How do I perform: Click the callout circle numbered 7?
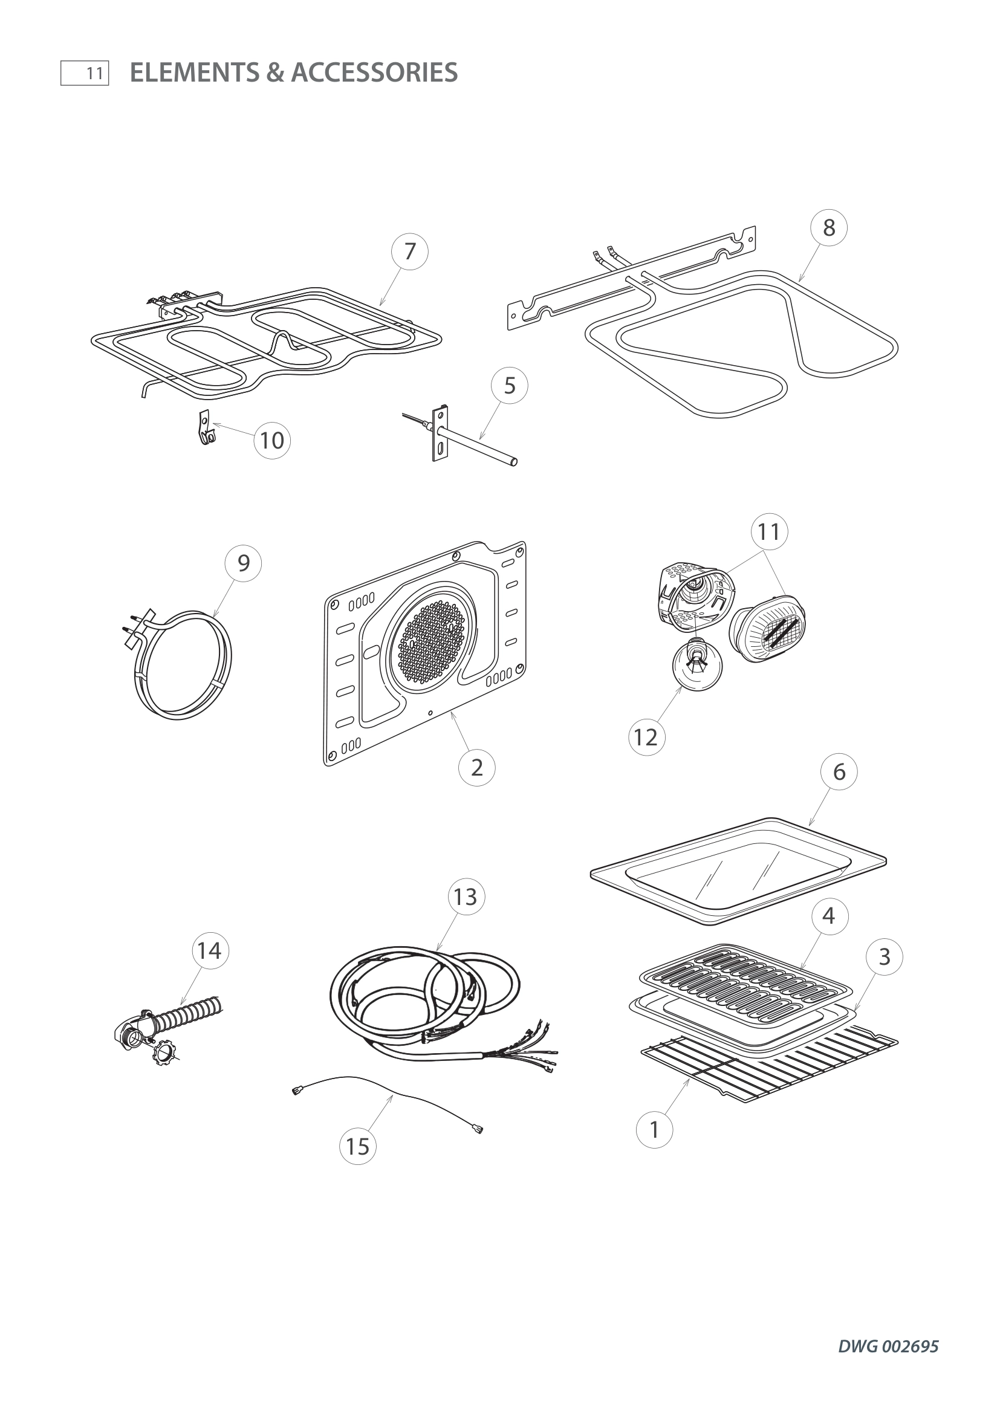tap(410, 252)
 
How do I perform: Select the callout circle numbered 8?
tap(829, 228)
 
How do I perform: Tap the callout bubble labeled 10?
tap(272, 441)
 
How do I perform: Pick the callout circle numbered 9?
tap(243, 563)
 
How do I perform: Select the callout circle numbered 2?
tap(476, 768)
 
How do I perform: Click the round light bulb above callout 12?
tap(696, 666)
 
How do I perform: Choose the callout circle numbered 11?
tap(769, 531)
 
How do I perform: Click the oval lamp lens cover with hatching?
tap(767, 628)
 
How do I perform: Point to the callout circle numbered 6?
tap(839, 772)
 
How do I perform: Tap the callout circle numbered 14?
tap(209, 951)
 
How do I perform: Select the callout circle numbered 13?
tap(466, 897)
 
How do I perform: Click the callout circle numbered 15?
tap(358, 1147)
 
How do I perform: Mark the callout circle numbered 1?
tap(655, 1130)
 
